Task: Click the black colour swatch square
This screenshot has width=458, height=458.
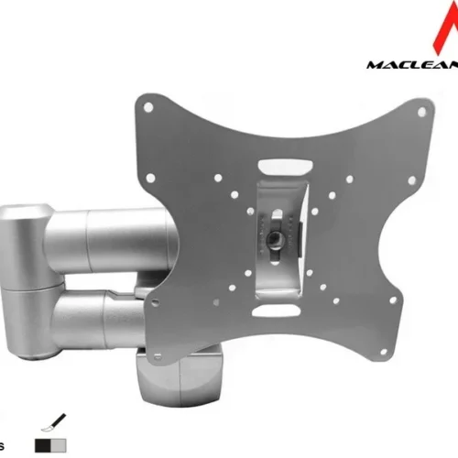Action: pos(42,442)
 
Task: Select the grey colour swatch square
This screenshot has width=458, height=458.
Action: pos(58,442)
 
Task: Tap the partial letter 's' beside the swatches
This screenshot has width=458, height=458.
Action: pos(4,440)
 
